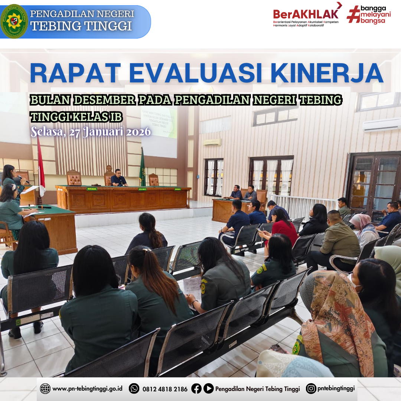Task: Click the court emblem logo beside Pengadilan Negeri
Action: point(14,21)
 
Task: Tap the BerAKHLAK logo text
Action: point(306,14)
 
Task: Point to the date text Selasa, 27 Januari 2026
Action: point(91,131)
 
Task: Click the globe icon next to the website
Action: point(45,388)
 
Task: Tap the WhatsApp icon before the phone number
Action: point(134,388)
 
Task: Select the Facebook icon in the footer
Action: point(196,388)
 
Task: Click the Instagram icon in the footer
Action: point(311,388)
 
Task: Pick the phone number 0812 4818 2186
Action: point(165,389)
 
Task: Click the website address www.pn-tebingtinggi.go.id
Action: point(88,389)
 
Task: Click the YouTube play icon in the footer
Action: point(209,388)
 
